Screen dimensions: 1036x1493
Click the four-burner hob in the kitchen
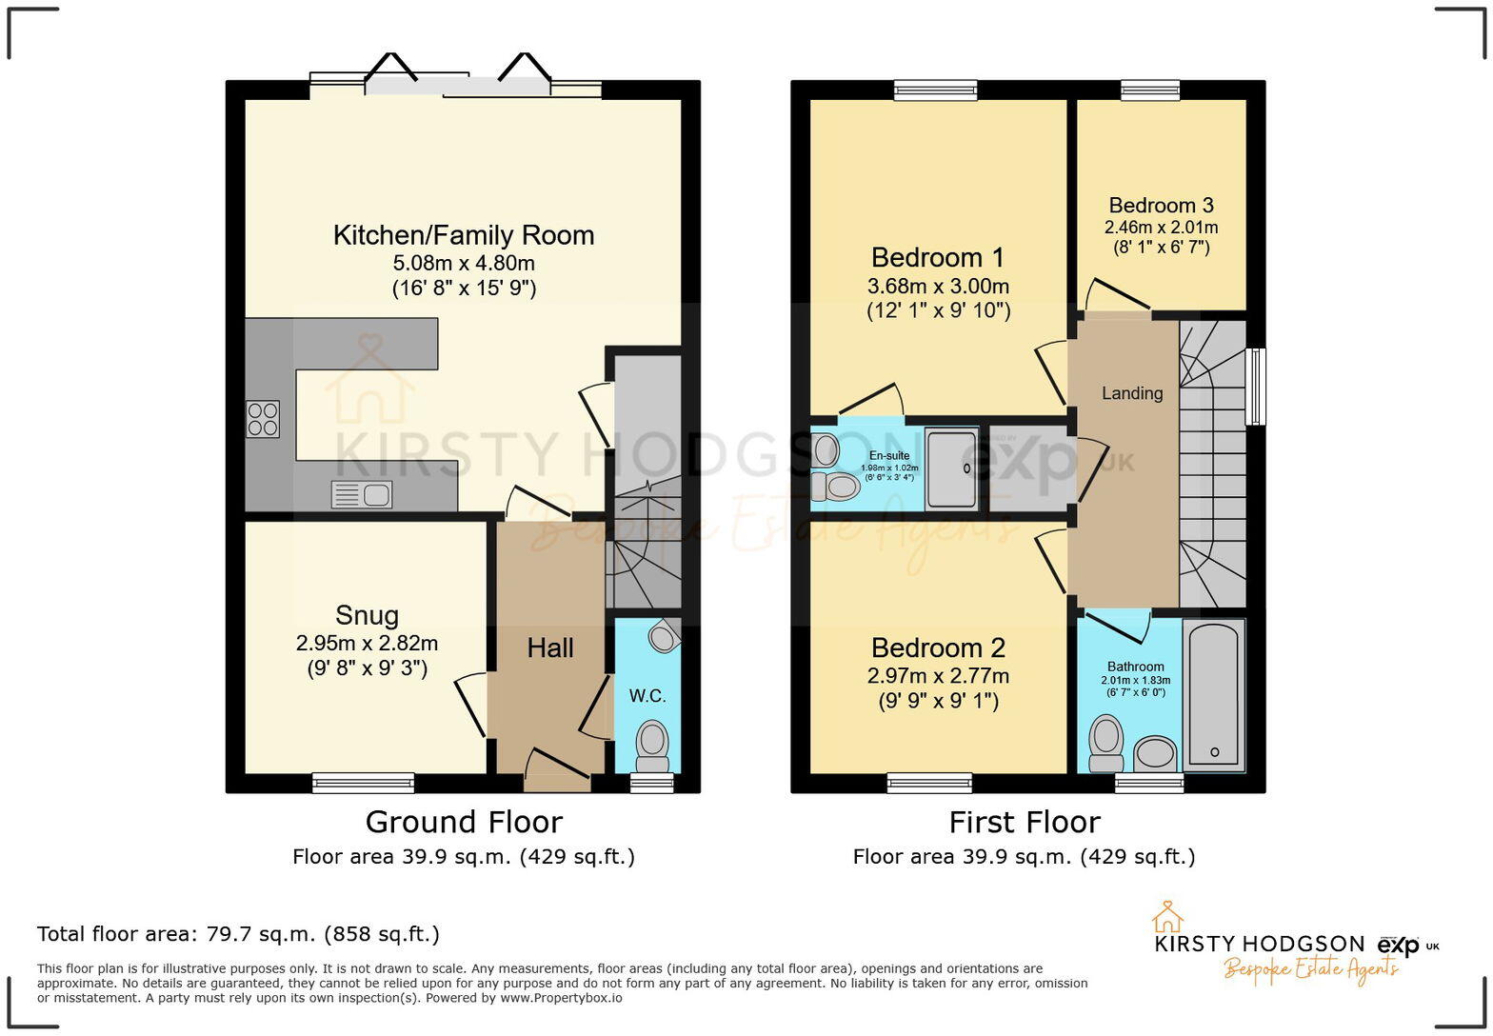click(263, 419)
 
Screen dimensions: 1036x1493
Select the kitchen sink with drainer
click(362, 495)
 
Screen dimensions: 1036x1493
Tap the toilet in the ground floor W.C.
click(652, 743)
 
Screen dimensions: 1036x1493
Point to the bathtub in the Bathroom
click(1214, 693)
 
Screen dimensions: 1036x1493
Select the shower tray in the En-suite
click(951, 468)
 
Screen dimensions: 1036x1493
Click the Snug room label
click(367, 615)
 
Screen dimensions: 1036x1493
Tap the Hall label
click(550, 648)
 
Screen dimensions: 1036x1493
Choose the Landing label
click(1132, 393)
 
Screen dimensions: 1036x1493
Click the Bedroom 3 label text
click(1161, 206)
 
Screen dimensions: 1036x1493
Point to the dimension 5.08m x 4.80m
click(464, 263)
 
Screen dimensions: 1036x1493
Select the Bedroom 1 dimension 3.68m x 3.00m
click(938, 286)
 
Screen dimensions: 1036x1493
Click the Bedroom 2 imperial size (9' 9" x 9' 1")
click(938, 701)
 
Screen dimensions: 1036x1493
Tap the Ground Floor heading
click(464, 822)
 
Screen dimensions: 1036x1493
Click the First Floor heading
click(1025, 822)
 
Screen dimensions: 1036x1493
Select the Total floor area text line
click(238, 933)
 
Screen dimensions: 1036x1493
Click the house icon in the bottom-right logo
click(1167, 917)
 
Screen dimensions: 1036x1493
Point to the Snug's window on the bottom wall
click(364, 783)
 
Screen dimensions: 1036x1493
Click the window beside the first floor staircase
click(1256, 386)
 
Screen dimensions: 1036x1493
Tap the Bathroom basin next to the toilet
click(1156, 753)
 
